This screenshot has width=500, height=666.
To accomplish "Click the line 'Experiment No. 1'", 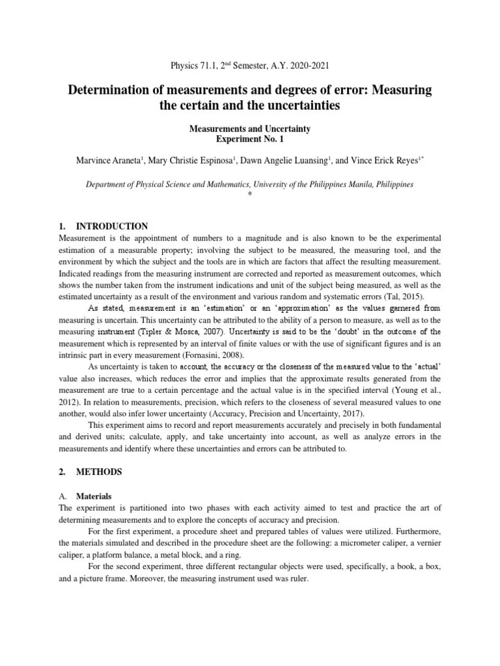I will (250, 139).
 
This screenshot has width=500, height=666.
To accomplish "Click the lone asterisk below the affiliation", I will (250, 194).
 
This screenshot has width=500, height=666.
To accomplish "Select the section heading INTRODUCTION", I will (112, 226).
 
